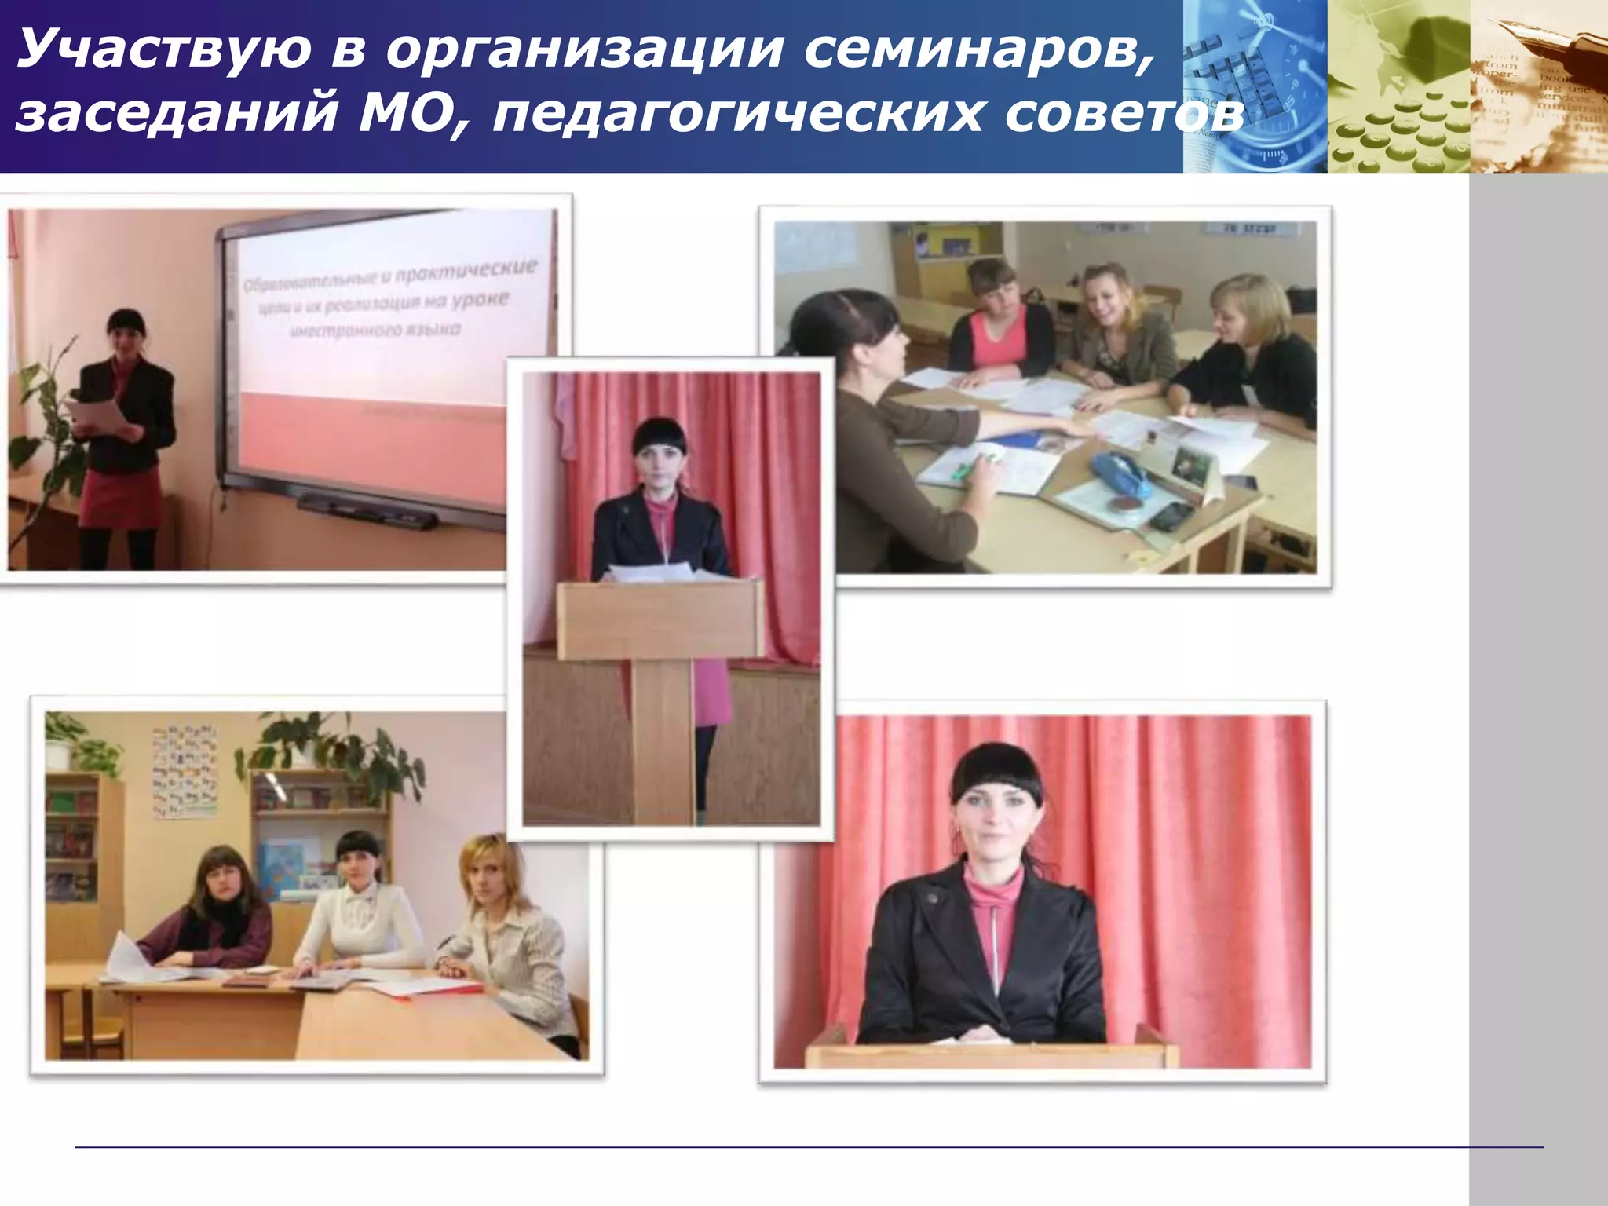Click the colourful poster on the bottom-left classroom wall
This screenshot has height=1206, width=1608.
(185, 770)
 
